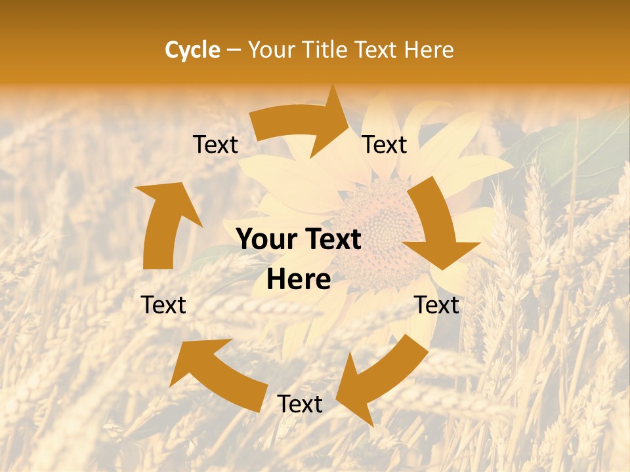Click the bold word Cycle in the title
point(192,50)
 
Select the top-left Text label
point(215,145)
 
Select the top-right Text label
point(385,144)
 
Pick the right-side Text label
point(436,305)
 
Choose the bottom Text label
point(300,404)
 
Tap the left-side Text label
point(163,305)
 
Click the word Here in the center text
point(299,280)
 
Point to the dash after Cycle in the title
point(234,50)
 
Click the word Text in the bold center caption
point(332,240)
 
